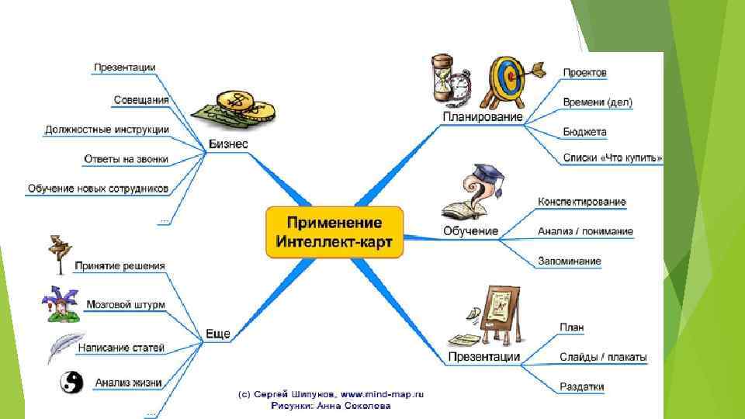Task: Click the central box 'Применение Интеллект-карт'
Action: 334,232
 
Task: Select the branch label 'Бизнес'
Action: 228,144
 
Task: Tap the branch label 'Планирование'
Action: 482,117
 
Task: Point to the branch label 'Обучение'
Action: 470,230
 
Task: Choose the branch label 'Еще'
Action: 217,334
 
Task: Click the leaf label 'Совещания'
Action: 140,99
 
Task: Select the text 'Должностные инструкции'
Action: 106,129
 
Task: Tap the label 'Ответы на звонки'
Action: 126,158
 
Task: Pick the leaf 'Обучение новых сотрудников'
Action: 98,189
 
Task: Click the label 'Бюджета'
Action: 584,132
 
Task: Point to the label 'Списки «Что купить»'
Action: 612,158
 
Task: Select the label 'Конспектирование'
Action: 581,202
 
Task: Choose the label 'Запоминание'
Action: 569,261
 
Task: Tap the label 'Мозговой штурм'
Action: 126,305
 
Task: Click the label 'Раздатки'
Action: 581,386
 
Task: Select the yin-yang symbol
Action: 71,382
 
